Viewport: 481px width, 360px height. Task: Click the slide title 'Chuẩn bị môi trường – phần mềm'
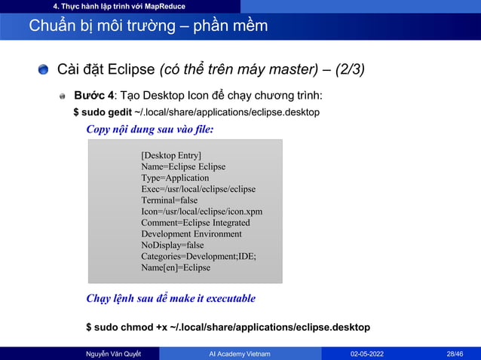148,26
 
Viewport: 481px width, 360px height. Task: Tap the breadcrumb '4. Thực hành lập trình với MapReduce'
114,6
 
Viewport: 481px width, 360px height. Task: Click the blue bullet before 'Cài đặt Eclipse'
45,71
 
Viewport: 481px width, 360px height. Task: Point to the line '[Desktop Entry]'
171,155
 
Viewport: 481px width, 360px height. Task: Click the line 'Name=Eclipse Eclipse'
183,166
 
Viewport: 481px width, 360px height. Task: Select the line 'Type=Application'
175,178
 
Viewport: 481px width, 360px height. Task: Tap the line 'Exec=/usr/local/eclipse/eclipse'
198,189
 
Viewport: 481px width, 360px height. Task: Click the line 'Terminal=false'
170,200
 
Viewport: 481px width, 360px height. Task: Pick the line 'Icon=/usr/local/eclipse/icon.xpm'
201,212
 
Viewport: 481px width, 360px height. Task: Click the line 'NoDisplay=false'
173,245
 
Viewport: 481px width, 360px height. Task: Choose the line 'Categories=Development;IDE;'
198,256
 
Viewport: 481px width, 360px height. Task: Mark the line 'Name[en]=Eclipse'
176,267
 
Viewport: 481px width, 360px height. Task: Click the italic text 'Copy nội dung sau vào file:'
150,130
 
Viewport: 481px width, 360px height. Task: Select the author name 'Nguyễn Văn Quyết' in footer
114,353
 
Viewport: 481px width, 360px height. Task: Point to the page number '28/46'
455,353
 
